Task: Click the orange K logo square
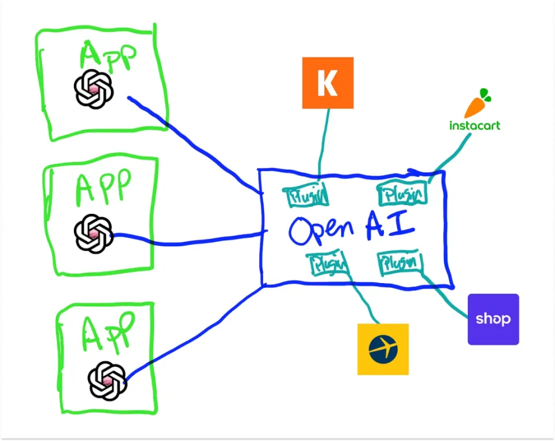click(x=327, y=83)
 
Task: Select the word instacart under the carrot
click(x=475, y=125)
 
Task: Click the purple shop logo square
click(x=493, y=319)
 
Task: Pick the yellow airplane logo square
click(x=383, y=349)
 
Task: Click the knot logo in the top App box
click(x=94, y=88)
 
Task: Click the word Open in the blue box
click(x=321, y=229)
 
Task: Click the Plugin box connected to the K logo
click(x=307, y=195)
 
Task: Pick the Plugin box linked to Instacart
click(x=402, y=194)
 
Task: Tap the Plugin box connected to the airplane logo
click(x=330, y=264)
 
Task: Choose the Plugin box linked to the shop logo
click(x=399, y=263)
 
